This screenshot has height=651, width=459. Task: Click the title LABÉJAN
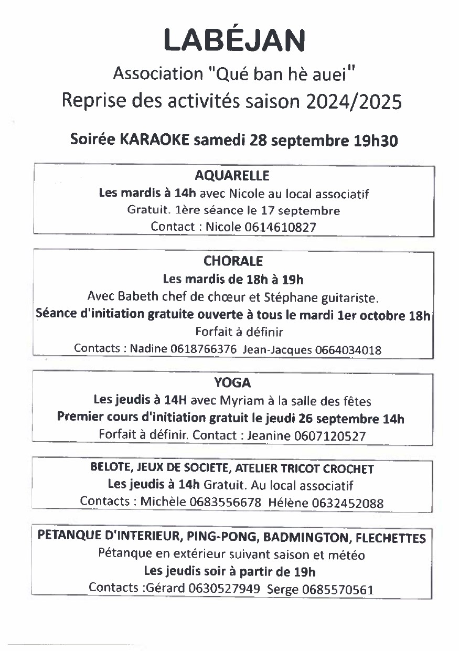coord(234,40)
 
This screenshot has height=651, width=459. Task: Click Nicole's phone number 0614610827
coord(281,227)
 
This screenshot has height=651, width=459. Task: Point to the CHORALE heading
coord(233,261)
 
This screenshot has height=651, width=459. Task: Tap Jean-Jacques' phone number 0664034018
coord(349,350)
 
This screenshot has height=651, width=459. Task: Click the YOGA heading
coord(232,383)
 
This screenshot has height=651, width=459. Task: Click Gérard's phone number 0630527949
coord(225,588)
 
